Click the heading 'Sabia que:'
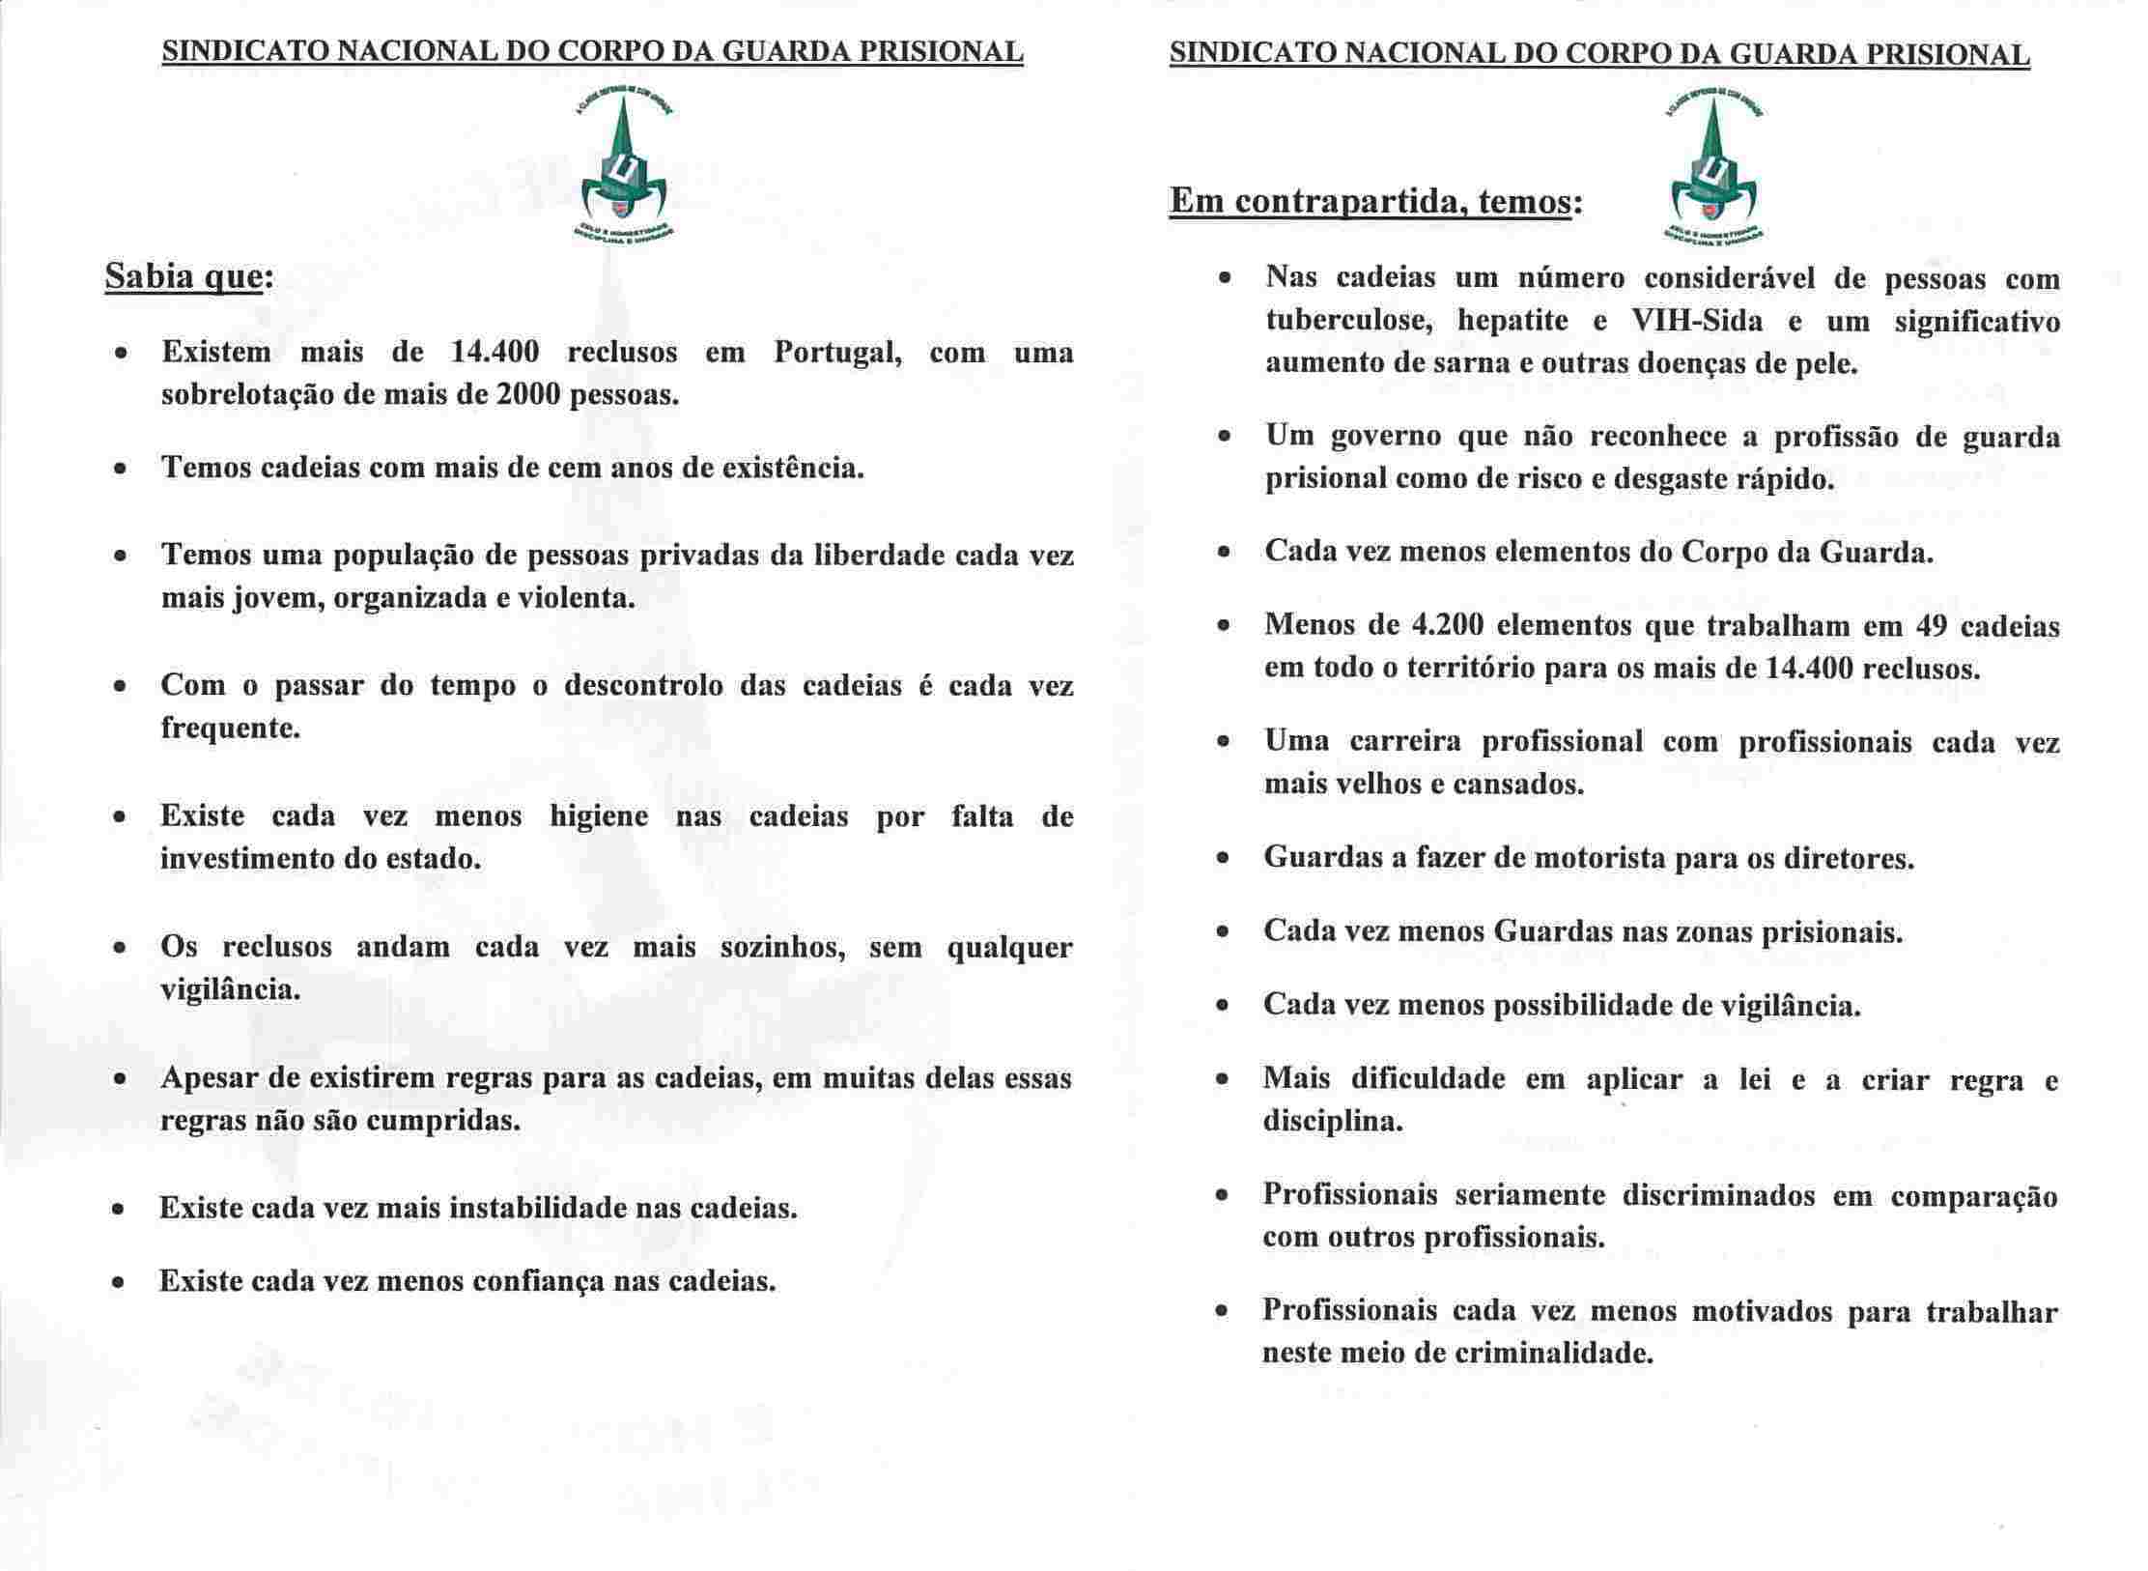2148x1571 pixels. [188, 278]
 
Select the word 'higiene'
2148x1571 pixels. [599, 817]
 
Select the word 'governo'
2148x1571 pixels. [1383, 438]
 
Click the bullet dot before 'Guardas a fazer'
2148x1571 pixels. [1223, 858]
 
